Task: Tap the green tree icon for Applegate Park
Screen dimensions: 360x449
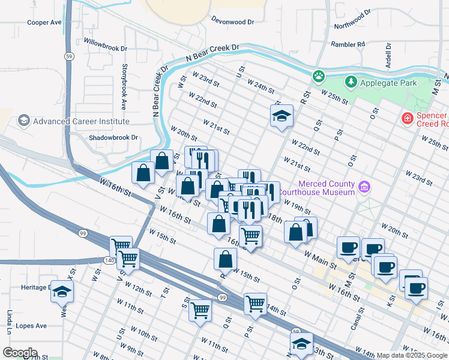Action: (x=350, y=81)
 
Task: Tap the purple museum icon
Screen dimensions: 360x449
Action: (x=364, y=188)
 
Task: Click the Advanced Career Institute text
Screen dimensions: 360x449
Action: (x=81, y=121)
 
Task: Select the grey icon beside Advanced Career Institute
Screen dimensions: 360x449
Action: (x=23, y=121)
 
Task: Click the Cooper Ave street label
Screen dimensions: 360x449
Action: (x=44, y=22)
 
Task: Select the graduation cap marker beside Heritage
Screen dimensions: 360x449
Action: (x=62, y=291)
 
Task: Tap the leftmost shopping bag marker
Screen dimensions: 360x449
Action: (x=143, y=173)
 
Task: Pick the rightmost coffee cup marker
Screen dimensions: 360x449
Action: (x=415, y=287)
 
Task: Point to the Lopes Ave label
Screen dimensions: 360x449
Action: (x=32, y=326)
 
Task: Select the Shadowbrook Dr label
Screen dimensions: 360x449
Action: (x=113, y=137)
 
